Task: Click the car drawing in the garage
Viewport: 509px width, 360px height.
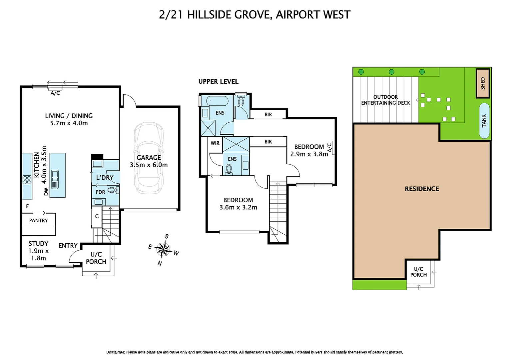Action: [149, 158]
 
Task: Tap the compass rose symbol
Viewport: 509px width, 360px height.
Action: [163, 249]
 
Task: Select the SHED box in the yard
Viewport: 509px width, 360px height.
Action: [482, 83]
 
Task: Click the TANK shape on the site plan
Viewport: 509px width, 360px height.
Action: [484, 121]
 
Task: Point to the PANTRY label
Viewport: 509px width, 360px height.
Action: [38, 220]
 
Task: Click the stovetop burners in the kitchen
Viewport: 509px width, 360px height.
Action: [27, 180]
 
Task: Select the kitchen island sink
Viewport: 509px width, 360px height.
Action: [55, 179]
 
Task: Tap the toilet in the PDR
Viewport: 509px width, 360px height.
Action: [113, 190]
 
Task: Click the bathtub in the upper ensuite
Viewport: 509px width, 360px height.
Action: [217, 101]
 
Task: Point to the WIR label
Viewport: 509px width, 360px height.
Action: [215, 143]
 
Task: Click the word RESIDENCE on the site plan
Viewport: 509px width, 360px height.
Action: [422, 189]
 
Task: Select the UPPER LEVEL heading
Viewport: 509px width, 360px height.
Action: [218, 82]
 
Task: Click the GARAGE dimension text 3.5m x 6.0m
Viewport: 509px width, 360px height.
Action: [149, 165]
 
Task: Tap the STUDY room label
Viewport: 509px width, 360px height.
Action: [38, 244]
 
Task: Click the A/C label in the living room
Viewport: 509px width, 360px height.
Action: [55, 93]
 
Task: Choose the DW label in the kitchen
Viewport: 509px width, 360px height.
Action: [46, 192]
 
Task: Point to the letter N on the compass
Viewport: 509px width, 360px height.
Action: [160, 263]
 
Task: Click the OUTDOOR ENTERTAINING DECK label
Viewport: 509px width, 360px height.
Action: [385, 100]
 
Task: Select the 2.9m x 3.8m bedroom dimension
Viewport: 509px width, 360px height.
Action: [309, 154]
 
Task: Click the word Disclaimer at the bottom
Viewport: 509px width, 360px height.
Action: [116, 352]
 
